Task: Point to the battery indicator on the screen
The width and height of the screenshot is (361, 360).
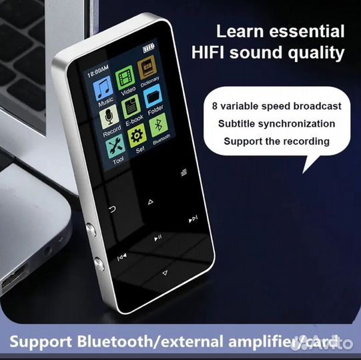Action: [x=147, y=47]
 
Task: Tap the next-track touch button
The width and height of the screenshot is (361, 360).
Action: [x=193, y=219]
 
